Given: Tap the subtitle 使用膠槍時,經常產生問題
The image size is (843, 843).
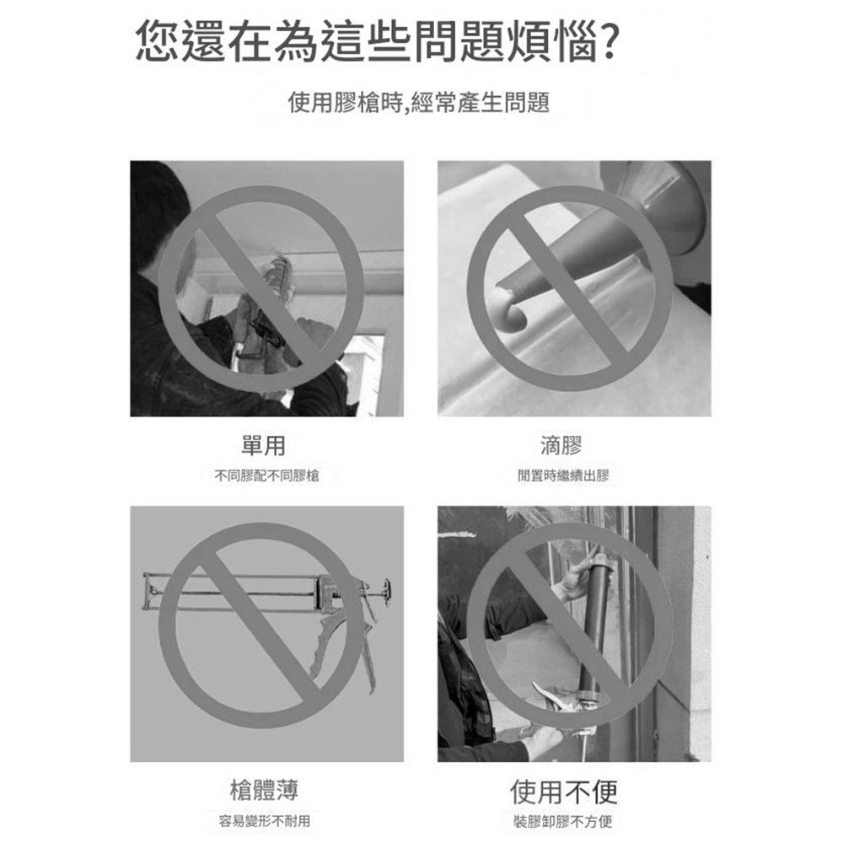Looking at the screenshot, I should [x=419, y=104].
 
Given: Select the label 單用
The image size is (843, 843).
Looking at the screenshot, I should [x=263, y=445].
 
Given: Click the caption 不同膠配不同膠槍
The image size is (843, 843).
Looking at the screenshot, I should [x=266, y=476].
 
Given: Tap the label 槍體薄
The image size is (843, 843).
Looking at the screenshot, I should [x=264, y=790].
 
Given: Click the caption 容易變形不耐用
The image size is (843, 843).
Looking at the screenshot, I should [x=265, y=821].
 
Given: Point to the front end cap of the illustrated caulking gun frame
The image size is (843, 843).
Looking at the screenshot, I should [x=149, y=591].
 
